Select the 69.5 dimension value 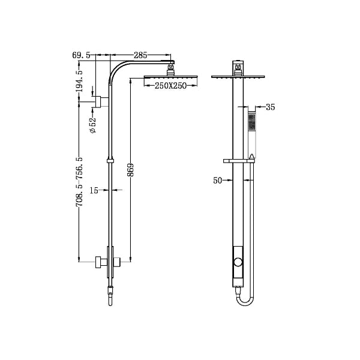80,55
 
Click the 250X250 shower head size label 167,86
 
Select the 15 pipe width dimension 94,190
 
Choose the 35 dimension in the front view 269,108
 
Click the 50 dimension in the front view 218,179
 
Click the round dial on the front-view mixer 239,262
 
